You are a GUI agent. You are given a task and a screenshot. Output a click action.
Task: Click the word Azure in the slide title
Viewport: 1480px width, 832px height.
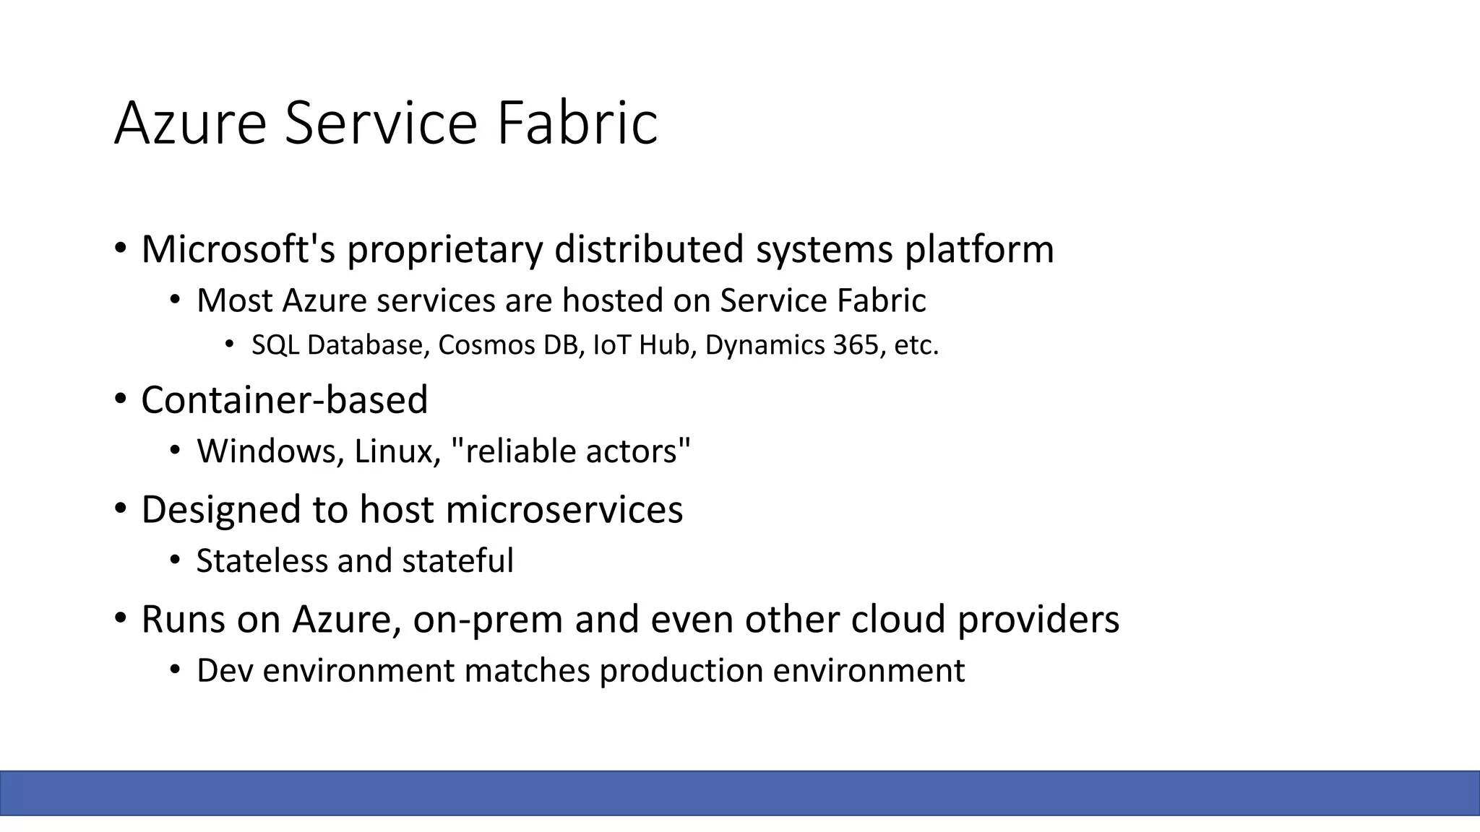pyautogui.click(x=190, y=123)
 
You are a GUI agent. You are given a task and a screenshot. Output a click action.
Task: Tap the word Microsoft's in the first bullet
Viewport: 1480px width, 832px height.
pyautogui.click(x=238, y=249)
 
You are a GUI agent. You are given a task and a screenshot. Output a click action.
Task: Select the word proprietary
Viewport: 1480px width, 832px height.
pyautogui.click(x=444, y=251)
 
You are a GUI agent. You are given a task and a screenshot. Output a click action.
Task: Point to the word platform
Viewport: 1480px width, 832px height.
pyautogui.click(x=979, y=251)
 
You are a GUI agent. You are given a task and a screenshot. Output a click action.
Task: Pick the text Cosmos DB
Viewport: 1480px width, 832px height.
pyautogui.click(x=510, y=346)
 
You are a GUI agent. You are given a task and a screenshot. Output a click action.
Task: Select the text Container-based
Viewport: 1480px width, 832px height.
pyautogui.click(x=284, y=400)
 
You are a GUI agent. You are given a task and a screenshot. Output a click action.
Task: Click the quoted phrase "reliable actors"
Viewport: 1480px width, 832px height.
pyautogui.click(x=570, y=452)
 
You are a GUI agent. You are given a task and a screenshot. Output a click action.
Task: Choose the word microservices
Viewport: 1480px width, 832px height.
pyautogui.click(x=564, y=510)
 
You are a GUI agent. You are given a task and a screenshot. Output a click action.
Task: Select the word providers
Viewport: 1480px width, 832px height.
pyautogui.click(x=1038, y=620)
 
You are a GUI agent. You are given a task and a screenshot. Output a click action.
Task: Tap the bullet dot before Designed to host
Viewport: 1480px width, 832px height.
pyautogui.click(x=121, y=509)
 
